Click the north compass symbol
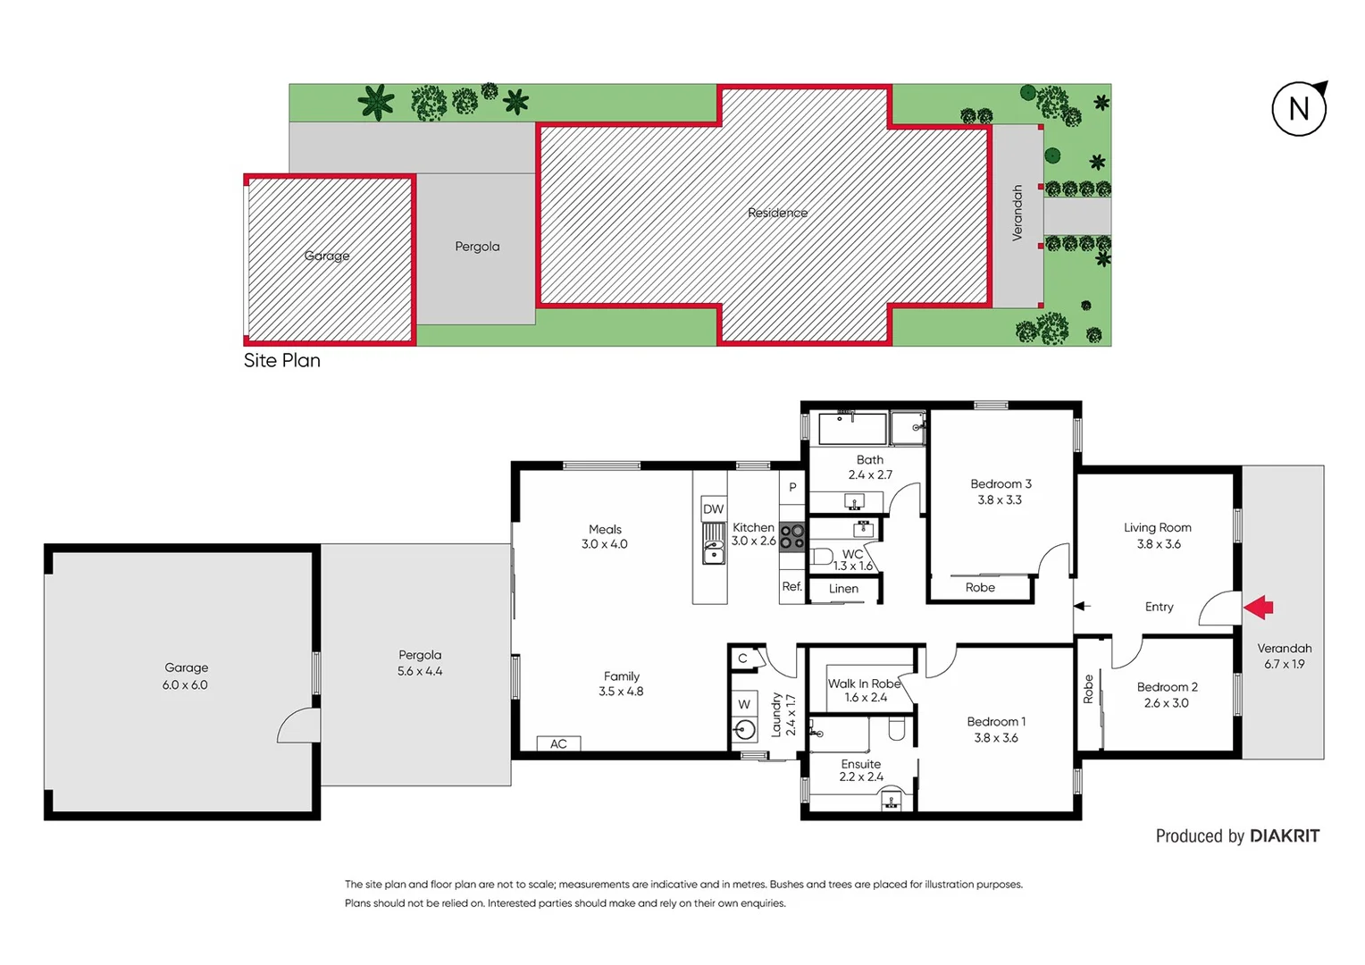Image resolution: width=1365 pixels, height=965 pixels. pos(1299,109)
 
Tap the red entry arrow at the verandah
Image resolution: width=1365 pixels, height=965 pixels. pos(1259,608)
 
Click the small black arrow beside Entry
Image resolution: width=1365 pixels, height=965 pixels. pos(1082,606)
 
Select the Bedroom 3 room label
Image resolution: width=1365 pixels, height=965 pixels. pos(1001,483)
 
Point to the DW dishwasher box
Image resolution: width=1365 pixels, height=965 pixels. pos(713,509)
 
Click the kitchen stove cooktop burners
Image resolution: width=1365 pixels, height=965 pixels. pos(791,536)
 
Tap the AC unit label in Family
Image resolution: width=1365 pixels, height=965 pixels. pos(558,743)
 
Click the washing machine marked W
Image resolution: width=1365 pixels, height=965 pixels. pos(744,704)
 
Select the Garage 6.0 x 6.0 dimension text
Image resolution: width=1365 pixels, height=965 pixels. pos(185,685)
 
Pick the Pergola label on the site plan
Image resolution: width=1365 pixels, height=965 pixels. pos(477,247)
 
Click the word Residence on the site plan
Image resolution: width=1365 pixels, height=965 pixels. pos(777,213)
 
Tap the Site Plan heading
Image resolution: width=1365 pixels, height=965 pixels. pos(282,360)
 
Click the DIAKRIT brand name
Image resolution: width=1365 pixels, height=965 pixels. pos(1284,836)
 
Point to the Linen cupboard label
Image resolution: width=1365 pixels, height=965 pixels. pos(843,589)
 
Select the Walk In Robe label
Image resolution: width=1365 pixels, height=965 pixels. pos(864,684)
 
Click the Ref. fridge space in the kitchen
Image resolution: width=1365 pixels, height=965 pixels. pos(791,587)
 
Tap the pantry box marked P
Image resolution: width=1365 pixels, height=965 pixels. pos(791,488)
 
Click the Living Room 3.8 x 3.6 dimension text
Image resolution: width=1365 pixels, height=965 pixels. pos(1159,544)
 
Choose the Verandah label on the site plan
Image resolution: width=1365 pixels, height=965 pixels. pos(1017,213)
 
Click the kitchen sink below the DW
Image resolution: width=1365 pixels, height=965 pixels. pos(714,545)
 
